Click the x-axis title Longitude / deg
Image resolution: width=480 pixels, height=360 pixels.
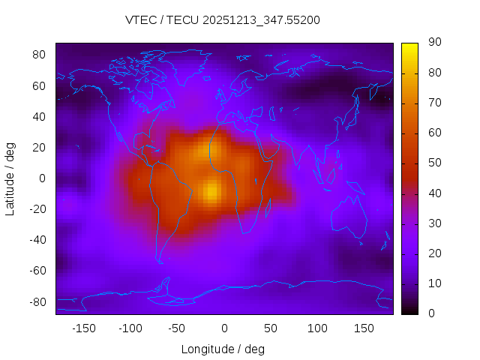[x=223, y=349]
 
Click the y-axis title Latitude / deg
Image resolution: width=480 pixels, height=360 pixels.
[x=10, y=178]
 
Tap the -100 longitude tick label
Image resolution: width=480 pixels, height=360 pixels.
[x=130, y=328]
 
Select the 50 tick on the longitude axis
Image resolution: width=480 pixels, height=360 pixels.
[x=271, y=328]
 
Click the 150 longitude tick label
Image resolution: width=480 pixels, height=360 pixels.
[x=364, y=328]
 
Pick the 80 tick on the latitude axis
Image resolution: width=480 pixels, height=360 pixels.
[x=40, y=55]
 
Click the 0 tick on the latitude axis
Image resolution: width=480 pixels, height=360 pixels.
[x=43, y=178]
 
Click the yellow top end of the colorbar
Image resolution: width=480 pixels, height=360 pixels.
[x=409, y=46]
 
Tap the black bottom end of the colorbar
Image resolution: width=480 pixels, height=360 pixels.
[x=409, y=310]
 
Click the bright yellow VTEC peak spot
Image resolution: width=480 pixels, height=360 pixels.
[x=212, y=190]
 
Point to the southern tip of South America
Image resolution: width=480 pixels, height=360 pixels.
[x=160, y=261]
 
